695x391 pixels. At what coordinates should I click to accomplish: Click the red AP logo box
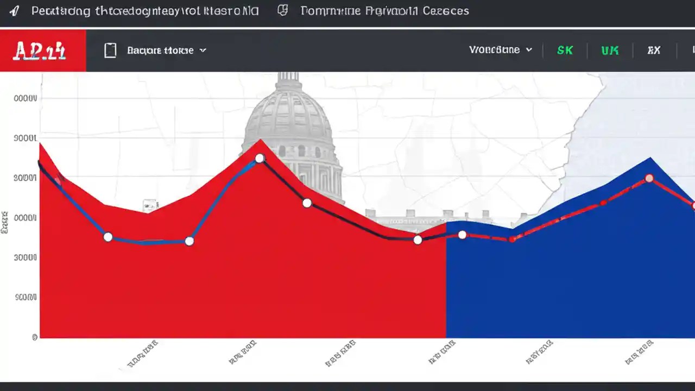pos(42,51)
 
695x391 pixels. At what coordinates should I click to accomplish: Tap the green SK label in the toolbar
pos(565,50)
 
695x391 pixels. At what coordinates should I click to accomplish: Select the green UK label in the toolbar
pos(610,50)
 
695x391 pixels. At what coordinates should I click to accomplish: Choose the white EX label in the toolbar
pos(654,50)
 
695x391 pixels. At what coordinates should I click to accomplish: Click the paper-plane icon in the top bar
pos(14,11)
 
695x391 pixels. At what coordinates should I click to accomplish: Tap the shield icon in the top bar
pos(282,11)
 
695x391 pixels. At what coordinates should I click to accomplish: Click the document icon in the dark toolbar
pos(110,51)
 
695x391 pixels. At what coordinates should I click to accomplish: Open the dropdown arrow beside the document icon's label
pos(203,51)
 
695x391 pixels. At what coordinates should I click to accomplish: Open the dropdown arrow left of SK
pos(529,50)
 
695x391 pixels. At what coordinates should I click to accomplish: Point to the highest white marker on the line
pos(260,158)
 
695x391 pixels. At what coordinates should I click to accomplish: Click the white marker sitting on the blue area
pos(462,235)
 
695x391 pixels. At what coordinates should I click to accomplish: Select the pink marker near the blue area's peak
pos(649,178)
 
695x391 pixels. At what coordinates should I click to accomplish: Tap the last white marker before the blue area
pos(417,239)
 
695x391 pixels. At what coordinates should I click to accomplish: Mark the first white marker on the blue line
pos(108,237)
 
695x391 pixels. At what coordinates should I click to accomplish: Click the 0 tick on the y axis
pos(35,337)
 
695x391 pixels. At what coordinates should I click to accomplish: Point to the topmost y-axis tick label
pos(26,99)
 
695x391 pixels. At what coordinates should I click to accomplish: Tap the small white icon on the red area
pos(150,205)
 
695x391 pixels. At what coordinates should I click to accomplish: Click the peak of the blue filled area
pos(650,158)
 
